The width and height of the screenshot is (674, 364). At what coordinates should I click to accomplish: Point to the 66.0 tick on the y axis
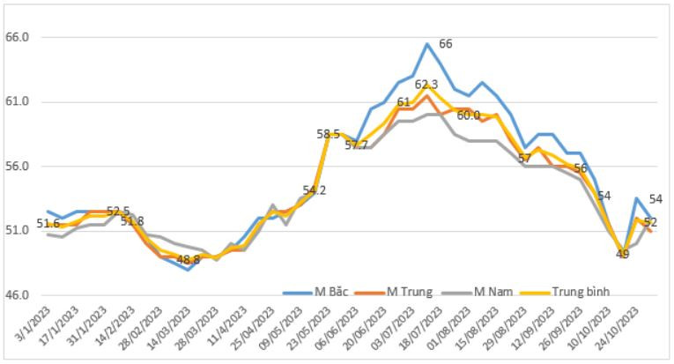tap(19, 38)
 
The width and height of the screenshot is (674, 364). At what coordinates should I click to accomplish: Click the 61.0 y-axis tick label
tap(19, 102)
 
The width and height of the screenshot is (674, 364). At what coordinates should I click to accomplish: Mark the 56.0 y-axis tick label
tap(19, 167)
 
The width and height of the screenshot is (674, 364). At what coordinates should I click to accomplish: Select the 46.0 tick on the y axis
tap(19, 295)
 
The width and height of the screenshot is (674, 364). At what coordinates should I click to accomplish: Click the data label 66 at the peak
tap(446, 44)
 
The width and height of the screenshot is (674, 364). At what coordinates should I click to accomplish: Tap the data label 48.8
tap(189, 260)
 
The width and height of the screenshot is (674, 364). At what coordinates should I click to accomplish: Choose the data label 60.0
tap(468, 115)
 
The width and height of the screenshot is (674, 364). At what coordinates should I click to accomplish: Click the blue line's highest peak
tap(427, 44)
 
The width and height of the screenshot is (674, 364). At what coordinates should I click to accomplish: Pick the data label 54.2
tap(315, 189)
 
